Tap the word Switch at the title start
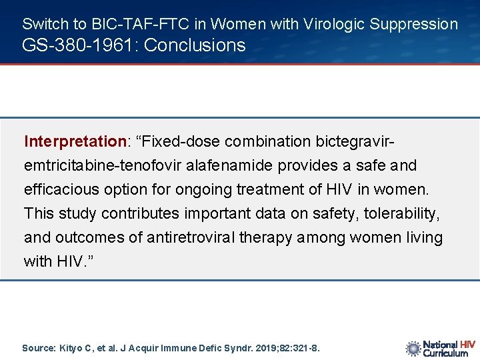[x=45, y=25]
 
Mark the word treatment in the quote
[x=272, y=189]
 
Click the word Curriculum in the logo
[x=446, y=353]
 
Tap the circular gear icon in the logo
[x=413, y=348]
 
